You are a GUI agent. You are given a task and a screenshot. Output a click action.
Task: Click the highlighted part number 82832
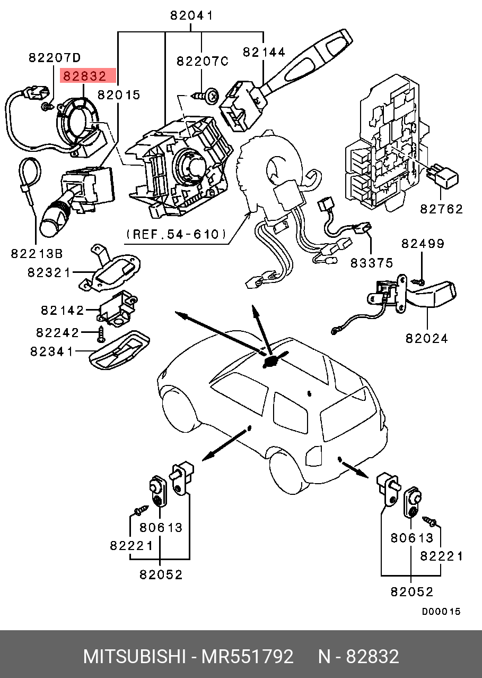(x=85, y=76)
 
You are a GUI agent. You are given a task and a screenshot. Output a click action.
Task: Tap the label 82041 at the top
(x=191, y=16)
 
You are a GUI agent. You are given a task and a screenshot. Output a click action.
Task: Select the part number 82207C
(x=202, y=62)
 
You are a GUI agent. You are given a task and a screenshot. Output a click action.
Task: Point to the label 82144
(x=264, y=52)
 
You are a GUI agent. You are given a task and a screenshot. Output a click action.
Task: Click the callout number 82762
(x=442, y=209)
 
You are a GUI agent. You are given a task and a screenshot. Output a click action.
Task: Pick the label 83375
(x=372, y=262)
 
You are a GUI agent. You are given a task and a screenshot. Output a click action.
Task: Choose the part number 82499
(x=423, y=244)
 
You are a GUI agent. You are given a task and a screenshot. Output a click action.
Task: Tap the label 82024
(x=427, y=338)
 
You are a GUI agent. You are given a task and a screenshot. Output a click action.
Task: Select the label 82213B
(x=37, y=254)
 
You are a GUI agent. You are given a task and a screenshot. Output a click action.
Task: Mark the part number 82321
(x=49, y=273)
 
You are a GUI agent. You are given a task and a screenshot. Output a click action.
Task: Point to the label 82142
(x=63, y=310)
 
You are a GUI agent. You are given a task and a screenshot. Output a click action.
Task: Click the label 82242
(x=58, y=332)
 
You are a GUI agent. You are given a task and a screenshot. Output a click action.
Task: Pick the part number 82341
(x=51, y=351)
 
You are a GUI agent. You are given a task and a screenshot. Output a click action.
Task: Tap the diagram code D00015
(x=441, y=612)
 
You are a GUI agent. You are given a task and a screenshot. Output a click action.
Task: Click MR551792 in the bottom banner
(x=247, y=657)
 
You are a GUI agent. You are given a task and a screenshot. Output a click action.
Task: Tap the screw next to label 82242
(x=101, y=334)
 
